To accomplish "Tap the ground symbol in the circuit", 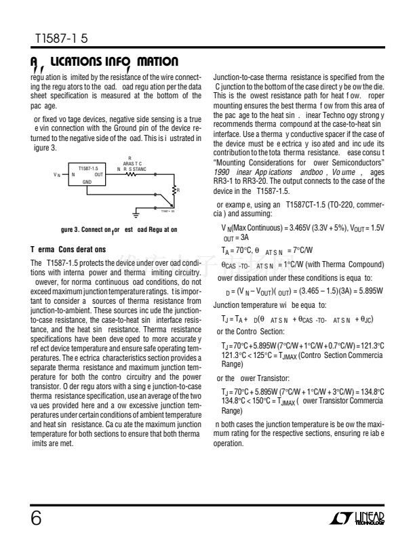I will pos(136,215).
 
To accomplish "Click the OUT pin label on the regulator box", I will pos(99,174).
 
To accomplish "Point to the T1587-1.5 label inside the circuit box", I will pos(89,167).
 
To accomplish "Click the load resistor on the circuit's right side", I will pos(175,191).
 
